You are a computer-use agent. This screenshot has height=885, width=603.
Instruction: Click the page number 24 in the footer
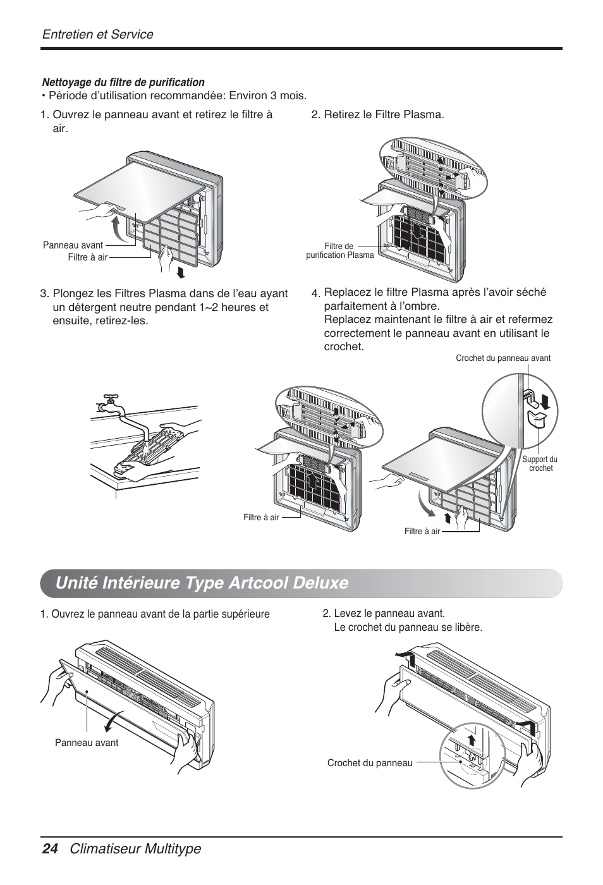click(50, 849)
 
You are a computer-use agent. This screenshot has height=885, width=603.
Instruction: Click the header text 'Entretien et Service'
click(97, 34)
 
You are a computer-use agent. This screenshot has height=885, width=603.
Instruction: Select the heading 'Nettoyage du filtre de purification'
click(123, 82)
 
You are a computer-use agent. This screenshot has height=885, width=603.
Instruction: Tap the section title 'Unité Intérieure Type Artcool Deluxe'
click(202, 582)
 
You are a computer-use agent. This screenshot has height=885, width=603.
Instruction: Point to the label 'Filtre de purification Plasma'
click(340, 251)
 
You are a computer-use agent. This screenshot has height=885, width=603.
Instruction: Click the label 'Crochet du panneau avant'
click(503, 358)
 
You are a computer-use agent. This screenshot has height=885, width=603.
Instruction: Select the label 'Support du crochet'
click(540, 464)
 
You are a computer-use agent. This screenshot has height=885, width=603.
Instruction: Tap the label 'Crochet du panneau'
click(369, 763)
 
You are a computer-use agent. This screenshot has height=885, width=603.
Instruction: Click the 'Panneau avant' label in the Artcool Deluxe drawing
click(87, 743)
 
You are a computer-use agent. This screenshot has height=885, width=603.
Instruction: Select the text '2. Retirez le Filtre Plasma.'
click(377, 114)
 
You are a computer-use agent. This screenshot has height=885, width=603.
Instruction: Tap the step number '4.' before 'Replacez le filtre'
click(315, 293)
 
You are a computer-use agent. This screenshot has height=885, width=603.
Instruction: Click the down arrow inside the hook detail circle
click(545, 400)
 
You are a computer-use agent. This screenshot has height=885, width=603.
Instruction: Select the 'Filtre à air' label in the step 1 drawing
click(88, 257)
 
